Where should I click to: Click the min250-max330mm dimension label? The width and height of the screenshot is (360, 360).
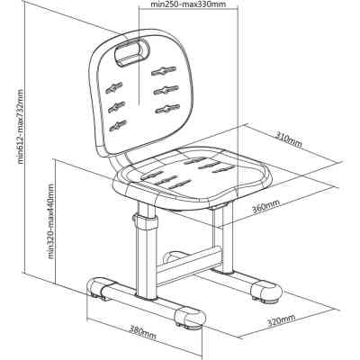click(x=188, y=4)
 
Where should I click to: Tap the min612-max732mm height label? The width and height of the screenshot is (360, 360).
click(x=21, y=126)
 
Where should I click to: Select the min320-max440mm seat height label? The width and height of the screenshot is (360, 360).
click(x=51, y=221)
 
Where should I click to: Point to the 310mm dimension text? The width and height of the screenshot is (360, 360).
click(x=288, y=140)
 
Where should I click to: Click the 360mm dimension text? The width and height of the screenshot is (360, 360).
click(x=265, y=206)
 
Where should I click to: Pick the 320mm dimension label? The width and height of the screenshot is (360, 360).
click(x=281, y=320)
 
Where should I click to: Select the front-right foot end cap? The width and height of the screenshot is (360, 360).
click(x=190, y=317)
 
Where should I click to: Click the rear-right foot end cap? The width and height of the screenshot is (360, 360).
click(x=266, y=290)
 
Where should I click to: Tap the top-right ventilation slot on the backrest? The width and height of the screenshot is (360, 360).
click(x=164, y=70)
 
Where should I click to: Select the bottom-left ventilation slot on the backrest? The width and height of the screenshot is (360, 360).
click(x=118, y=126)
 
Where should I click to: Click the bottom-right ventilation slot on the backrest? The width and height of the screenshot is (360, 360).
click(x=167, y=109)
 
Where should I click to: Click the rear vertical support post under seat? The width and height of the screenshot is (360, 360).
click(x=222, y=238)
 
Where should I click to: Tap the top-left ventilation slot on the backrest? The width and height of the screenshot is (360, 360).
click(x=114, y=88)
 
